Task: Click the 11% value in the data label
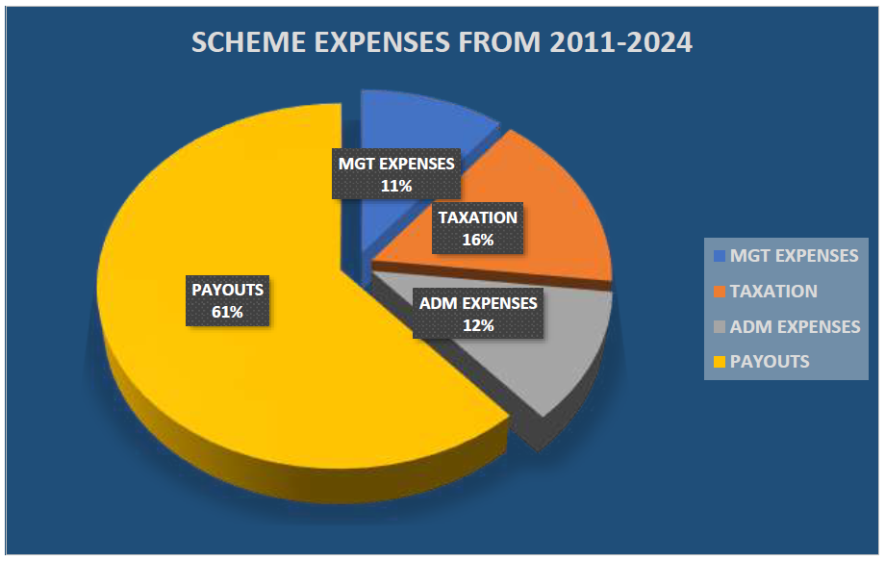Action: pos(395,185)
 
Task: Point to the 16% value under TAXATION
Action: pos(477,240)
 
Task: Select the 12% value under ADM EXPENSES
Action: pos(477,325)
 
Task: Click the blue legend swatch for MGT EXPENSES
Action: pos(720,256)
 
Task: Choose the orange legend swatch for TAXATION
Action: pos(720,292)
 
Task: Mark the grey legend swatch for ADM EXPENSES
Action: pos(720,327)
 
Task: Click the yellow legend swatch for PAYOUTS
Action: pos(720,362)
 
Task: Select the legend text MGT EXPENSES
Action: pos(794,256)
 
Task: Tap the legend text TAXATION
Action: pos(773,292)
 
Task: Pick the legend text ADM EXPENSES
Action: pos(795,327)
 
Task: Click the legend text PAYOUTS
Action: pos(770,362)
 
